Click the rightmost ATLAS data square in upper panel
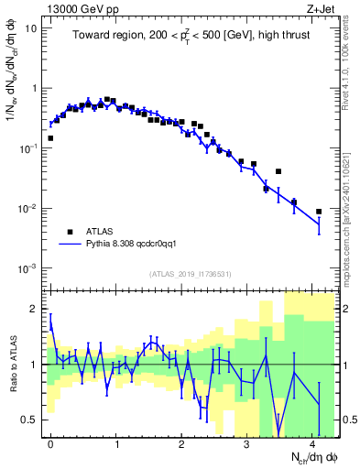tap(319, 212)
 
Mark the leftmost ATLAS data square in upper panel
tap(50, 138)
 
